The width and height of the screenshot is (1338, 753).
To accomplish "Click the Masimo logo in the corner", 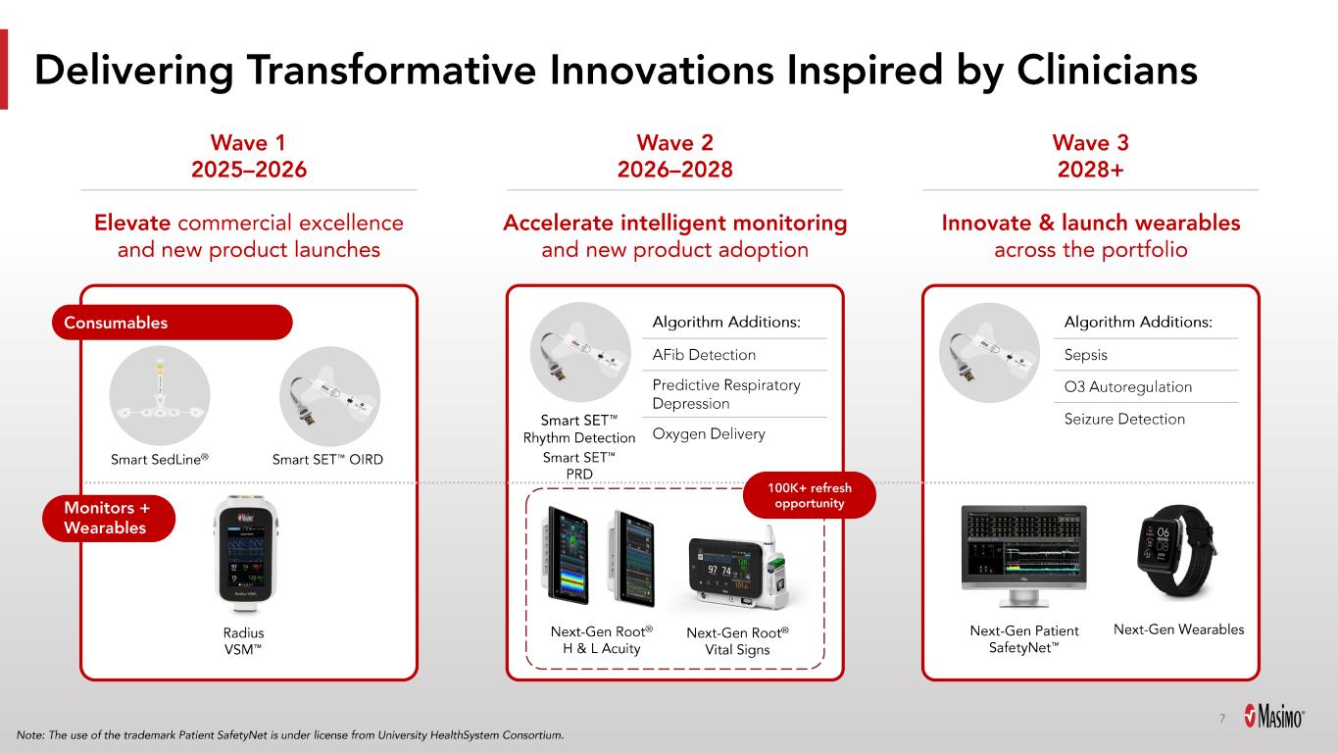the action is tap(1274, 716).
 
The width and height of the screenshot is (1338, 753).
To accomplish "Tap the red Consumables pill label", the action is tap(173, 323).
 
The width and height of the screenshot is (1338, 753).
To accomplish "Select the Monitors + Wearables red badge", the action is tap(109, 518).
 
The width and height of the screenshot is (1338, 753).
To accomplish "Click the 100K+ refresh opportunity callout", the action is tap(810, 495).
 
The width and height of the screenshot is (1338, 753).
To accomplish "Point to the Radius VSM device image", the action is tap(245, 554).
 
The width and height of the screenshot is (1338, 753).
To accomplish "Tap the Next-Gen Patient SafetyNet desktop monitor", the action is tap(1023, 556).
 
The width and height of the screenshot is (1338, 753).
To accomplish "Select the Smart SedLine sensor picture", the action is tap(160, 396).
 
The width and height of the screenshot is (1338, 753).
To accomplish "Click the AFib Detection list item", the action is tap(704, 355).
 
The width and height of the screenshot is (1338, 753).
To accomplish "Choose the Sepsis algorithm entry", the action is tap(1085, 355).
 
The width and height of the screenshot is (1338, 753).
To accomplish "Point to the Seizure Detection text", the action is tap(1124, 419).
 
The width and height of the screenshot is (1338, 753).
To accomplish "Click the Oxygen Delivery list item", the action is tap(709, 434).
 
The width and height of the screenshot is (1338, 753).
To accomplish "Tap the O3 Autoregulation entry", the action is tap(1127, 387).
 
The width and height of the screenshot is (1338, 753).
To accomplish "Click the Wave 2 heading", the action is tap(675, 143).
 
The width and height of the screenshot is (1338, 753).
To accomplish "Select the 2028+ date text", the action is tap(1091, 170).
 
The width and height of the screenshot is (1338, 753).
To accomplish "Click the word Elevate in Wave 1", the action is tap(132, 223).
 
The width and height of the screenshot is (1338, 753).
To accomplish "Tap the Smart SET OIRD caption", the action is tap(327, 460).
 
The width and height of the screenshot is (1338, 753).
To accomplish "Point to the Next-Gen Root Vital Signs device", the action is tap(738, 568).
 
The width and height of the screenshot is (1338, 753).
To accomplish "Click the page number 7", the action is tap(1222, 718).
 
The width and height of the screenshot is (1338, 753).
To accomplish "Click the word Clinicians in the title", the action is tap(1107, 71).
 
